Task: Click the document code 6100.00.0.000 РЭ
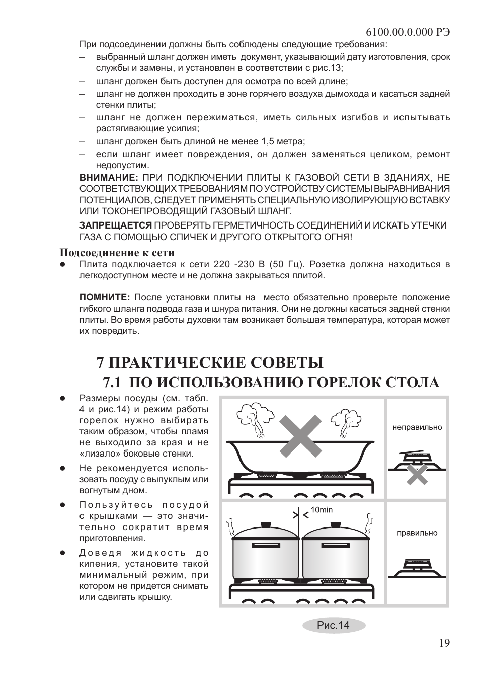408,31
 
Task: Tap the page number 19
444,643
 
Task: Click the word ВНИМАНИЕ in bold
109,178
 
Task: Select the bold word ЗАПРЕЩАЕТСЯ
116,225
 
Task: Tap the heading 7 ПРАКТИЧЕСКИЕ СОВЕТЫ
210,362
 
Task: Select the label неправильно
417,427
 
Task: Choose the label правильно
417,533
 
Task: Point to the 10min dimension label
322,510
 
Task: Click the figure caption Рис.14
333,625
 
